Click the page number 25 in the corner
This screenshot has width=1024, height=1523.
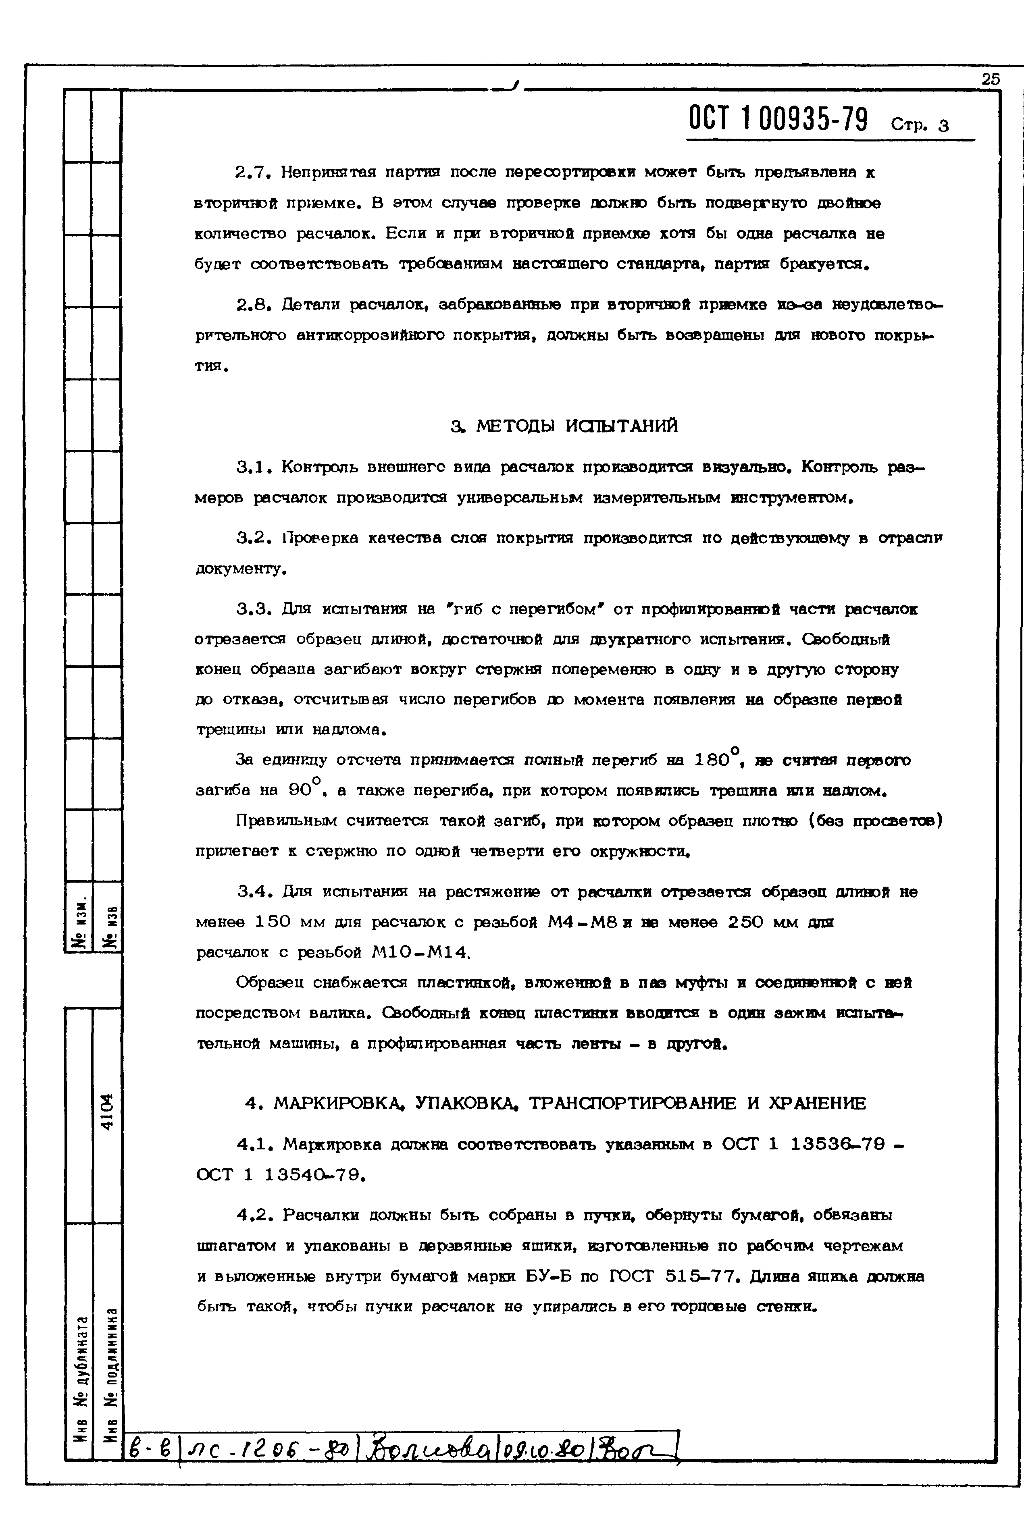[990, 79]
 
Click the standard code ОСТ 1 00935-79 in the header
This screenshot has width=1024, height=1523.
[778, 119]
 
